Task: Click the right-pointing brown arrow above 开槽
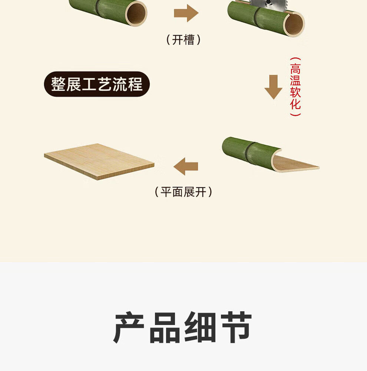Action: point(186,13)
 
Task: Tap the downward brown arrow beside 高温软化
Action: point(273,87)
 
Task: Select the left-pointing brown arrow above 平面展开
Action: point(186,166)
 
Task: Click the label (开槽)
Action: point(183,40)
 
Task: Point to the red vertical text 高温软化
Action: point(295,87)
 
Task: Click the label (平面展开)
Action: point(183,192)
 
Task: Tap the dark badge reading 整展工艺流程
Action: point(97,84)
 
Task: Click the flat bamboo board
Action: point(99,161)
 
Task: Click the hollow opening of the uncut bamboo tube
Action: point(136,13)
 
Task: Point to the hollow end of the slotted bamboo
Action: point(294,24)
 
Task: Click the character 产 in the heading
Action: point(129,327)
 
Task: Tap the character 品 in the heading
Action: point(165,327)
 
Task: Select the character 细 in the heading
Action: point(200,327)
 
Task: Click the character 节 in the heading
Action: point(236,327)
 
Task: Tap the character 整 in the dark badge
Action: point(59,84)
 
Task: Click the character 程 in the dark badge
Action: point(135,84)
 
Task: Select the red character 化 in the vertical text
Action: point(295,104)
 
